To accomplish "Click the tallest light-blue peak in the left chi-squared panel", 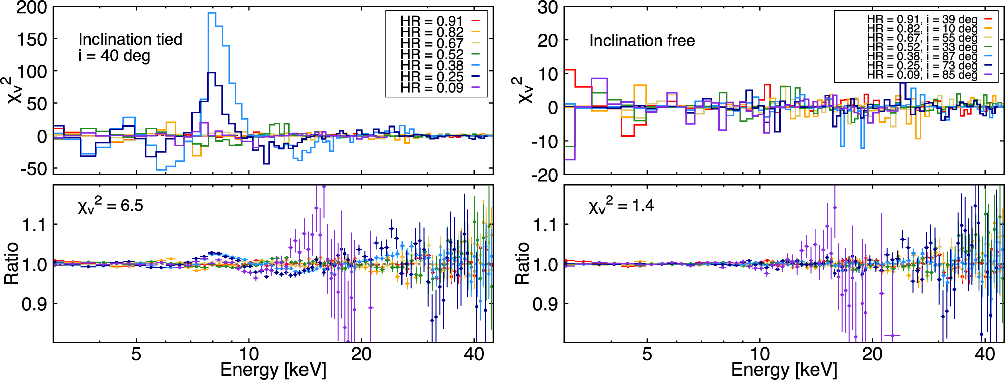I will click(212, 14).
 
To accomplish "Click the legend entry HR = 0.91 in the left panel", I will click(431, 21).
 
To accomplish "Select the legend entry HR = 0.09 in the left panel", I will click(431, 88).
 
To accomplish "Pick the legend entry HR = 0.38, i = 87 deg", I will click(922, 56).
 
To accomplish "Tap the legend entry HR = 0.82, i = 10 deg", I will click(922, 29).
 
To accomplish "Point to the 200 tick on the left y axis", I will click(32, 8).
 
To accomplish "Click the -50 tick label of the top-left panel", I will click(34, 169).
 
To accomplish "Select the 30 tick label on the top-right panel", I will click(547, 8).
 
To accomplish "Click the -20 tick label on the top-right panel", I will click(544, 175).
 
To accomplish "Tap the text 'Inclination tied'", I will click(130, 39).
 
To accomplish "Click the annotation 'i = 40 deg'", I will click(114, 56).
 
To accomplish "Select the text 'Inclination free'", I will click(642, 41).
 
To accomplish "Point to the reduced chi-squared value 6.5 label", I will click(111, 205).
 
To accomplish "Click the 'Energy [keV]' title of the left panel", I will click(273, 370).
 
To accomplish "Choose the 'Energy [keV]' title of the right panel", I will click(784, 370).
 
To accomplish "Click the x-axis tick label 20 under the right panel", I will click(872, 354).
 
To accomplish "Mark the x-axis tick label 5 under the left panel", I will click(136, 354).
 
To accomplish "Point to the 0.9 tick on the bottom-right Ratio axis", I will click(545, 304).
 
